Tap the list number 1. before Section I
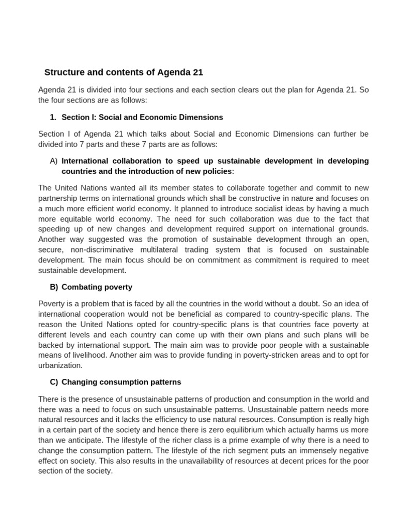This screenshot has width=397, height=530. [54, 117]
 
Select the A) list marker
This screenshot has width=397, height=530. [54, 161]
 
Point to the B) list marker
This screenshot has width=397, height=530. [54, 287]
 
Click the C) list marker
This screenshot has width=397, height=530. [54, 382]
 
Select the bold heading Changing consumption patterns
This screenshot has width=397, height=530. [121, 382]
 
